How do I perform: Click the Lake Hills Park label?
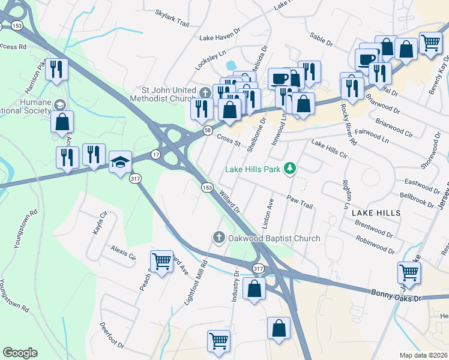(253, 169)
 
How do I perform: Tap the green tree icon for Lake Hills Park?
(291, 169)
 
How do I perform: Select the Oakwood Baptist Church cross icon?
(219, 238)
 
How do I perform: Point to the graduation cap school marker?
(120, 163)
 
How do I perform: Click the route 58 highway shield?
(207, 130)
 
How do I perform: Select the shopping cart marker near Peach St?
(161, 262)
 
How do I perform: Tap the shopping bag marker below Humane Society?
(62, 122)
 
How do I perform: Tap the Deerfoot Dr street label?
(112, 337)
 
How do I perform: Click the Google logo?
(20, 353)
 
